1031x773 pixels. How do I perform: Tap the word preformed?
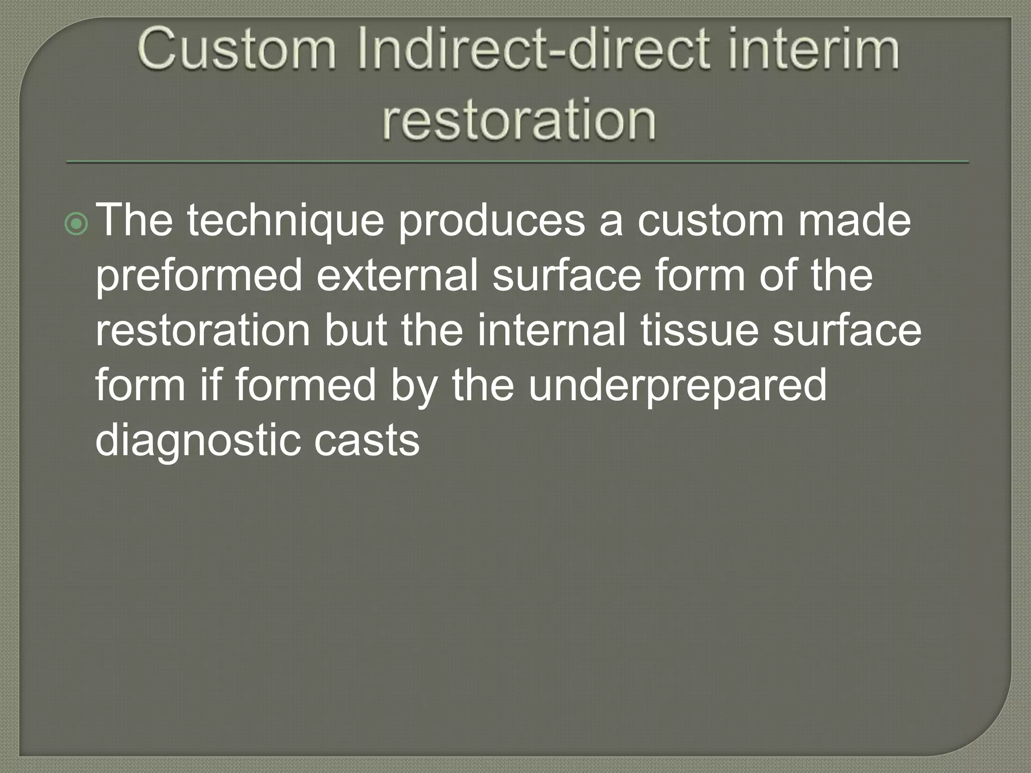198,277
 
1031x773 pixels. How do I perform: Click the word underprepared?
677,386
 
